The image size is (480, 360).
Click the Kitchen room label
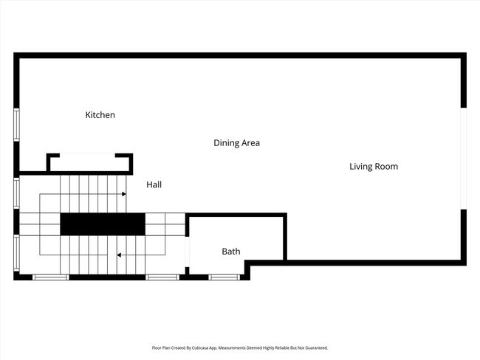point(100,115)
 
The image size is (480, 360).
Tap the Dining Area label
point(236,142)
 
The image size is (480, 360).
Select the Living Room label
point(373,166)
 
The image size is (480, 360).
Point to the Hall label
point(154,184)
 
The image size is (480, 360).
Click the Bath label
point(231,252)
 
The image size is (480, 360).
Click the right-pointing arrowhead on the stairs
point(124,194)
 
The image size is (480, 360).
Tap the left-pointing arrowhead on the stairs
point(119,255)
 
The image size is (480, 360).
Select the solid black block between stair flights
point(102,224)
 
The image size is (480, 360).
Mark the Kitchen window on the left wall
point(16,125)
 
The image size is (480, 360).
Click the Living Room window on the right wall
point(464,159)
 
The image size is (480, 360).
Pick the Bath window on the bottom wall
point(224,277)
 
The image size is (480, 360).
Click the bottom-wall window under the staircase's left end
point(51,277)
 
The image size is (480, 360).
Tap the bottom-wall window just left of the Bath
point(162,277)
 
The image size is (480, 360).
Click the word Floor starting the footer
point(156,347)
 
